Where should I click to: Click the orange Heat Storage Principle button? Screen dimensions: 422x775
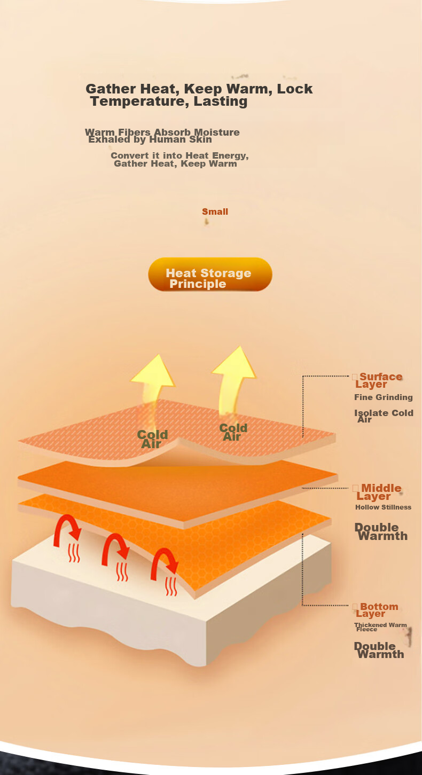coord(210,275)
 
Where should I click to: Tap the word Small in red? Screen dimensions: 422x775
coord(215,212)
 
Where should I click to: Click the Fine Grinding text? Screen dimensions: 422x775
coord(383,397)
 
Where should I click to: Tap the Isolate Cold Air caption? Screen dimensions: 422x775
coord(383,416)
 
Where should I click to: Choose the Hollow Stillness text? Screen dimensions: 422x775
coord(383,507)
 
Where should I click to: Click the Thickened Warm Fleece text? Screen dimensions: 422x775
coord(380,627)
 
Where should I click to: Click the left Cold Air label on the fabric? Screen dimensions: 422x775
coord(152,439)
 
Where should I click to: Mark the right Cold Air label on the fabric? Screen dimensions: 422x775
coord(233,432)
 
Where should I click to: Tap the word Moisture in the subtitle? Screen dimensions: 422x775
coord(216,132)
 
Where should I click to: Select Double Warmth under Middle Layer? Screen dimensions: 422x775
coord(381,532)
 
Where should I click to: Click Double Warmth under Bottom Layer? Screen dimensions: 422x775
coord(379,651)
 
